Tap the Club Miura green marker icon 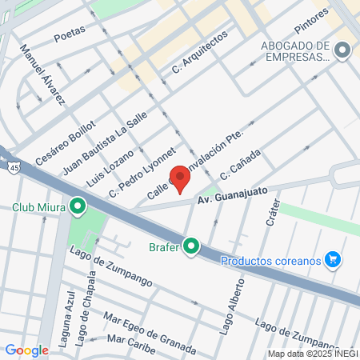coord(78,206)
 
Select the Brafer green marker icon coord(190,246)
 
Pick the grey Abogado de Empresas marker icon coord(343,50)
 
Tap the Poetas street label coord(70,34)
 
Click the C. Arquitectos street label coord(200,54)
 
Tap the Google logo coord(27,350)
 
